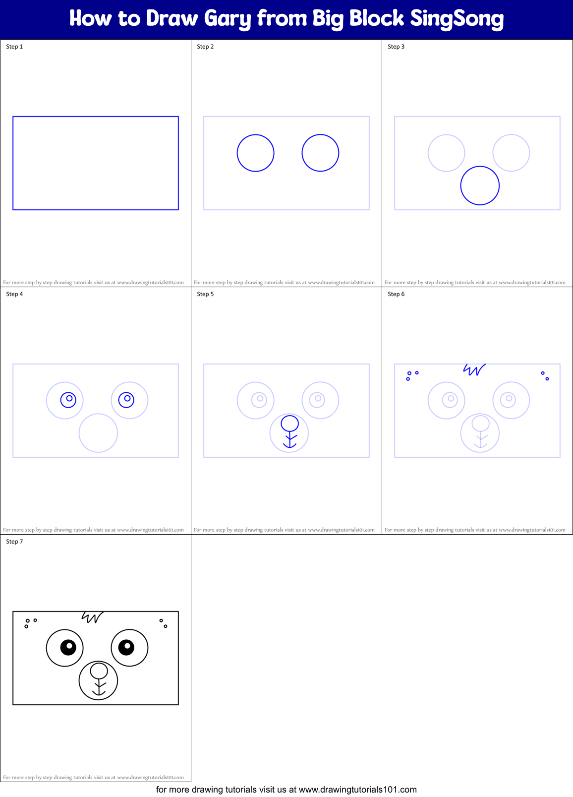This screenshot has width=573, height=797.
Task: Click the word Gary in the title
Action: (x=228, y=19)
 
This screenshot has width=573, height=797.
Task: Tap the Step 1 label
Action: (x=14, y=47)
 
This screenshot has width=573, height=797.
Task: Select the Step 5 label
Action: (x=205, y=294)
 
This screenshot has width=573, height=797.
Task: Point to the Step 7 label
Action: (x=14, y=542)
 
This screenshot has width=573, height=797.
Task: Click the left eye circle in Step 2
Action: (x=256, y=153)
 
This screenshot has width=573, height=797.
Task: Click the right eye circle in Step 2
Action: (x=320, y=153)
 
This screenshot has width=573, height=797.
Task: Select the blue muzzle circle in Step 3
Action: (x=480, y=185)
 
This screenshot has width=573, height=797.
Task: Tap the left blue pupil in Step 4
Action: (x=68, y=399)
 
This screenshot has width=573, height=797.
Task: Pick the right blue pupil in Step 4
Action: (x=126, y=399)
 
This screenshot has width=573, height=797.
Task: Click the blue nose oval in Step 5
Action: (x=290, y=423)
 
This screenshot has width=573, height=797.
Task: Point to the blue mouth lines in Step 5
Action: (x=290, y=440)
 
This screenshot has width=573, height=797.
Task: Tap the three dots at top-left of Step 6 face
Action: (x=411, y=375)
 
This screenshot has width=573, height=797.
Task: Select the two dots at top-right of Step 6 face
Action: (x=545, y=376)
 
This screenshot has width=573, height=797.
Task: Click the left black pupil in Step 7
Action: (x=68, y=647)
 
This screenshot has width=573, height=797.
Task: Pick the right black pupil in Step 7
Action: (x=126, y=647)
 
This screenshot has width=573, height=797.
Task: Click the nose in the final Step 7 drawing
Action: (x=99, y=671)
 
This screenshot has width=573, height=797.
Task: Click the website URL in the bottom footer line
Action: (x=357, y=790)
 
